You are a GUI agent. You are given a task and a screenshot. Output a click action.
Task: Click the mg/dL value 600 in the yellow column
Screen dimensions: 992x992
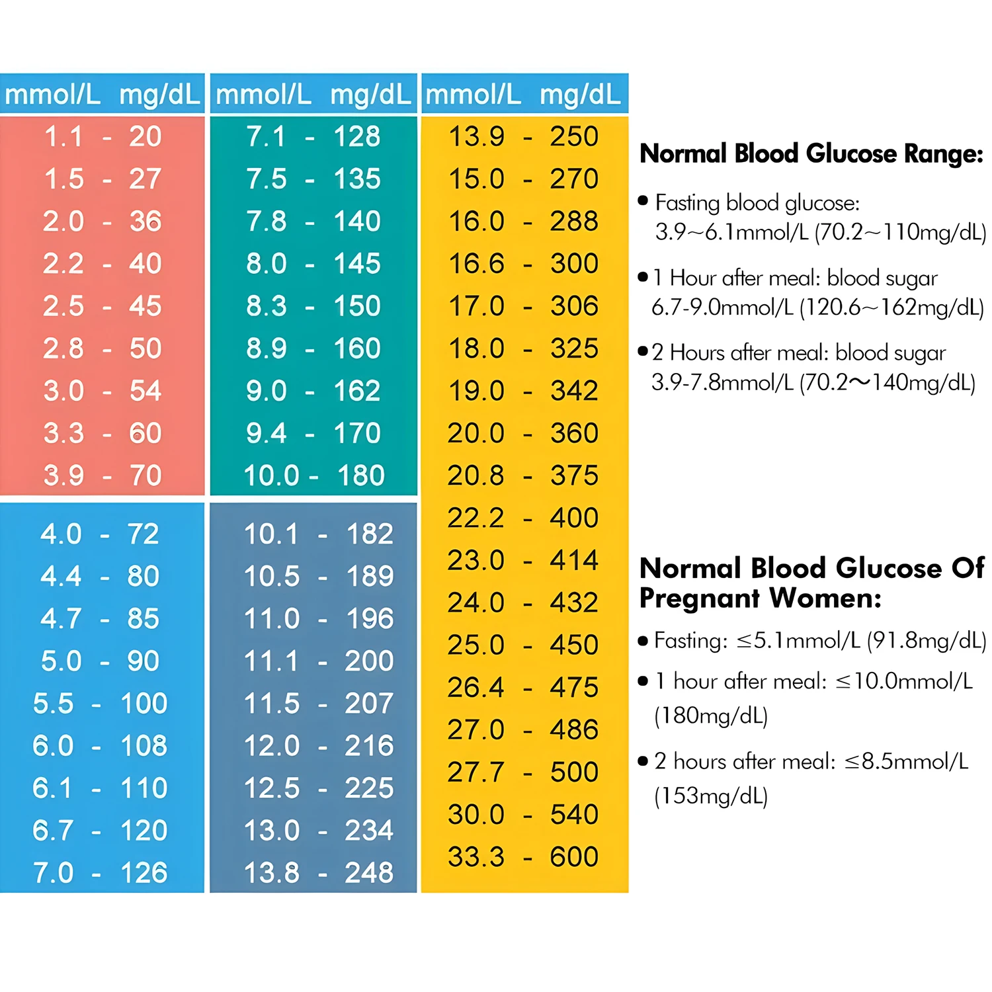[x=573, y=857]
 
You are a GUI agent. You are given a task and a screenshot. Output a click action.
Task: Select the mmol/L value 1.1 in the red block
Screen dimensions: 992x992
[x=63, y=137]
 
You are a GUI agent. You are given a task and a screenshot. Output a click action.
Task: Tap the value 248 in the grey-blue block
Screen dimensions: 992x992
[x=368, y=873]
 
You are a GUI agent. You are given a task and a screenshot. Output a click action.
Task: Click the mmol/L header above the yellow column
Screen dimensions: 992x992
[x=472, y=95]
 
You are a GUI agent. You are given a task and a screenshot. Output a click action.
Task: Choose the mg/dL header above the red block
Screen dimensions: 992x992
[x=159, y=95]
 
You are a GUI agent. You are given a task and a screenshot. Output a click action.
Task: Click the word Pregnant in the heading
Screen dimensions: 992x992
[x=700, y=599]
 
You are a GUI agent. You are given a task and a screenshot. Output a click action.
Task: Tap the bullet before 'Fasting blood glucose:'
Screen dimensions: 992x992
[x=643, y=200]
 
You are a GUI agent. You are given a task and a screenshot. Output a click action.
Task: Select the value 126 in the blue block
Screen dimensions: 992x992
[x=144, y=873]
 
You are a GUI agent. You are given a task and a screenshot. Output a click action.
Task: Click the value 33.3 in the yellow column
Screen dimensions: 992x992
[x=475, y=857]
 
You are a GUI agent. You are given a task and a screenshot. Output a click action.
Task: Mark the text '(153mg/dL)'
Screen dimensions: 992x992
[x=711, y=796]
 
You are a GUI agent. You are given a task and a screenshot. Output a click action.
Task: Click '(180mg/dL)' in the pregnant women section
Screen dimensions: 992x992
[x=711, y=716]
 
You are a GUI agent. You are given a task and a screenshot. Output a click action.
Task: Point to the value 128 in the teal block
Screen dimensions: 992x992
[x=357, y=137]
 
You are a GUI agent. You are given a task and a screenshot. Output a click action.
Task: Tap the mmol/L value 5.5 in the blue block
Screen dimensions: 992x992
[x=53, y=704]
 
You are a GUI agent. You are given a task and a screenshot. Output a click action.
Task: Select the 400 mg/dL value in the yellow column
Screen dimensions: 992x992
[x=573, y=518]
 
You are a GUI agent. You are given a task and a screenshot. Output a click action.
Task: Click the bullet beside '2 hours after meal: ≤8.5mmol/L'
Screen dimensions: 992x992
[x=643, y=761]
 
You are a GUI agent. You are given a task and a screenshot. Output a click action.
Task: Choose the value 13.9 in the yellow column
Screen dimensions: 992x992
[x=476, y=137]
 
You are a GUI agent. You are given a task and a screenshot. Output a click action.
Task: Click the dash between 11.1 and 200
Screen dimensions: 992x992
[x=322, y=661]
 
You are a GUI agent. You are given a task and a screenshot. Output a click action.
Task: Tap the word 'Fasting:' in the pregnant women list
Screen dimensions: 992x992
[x=690, y=641]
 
